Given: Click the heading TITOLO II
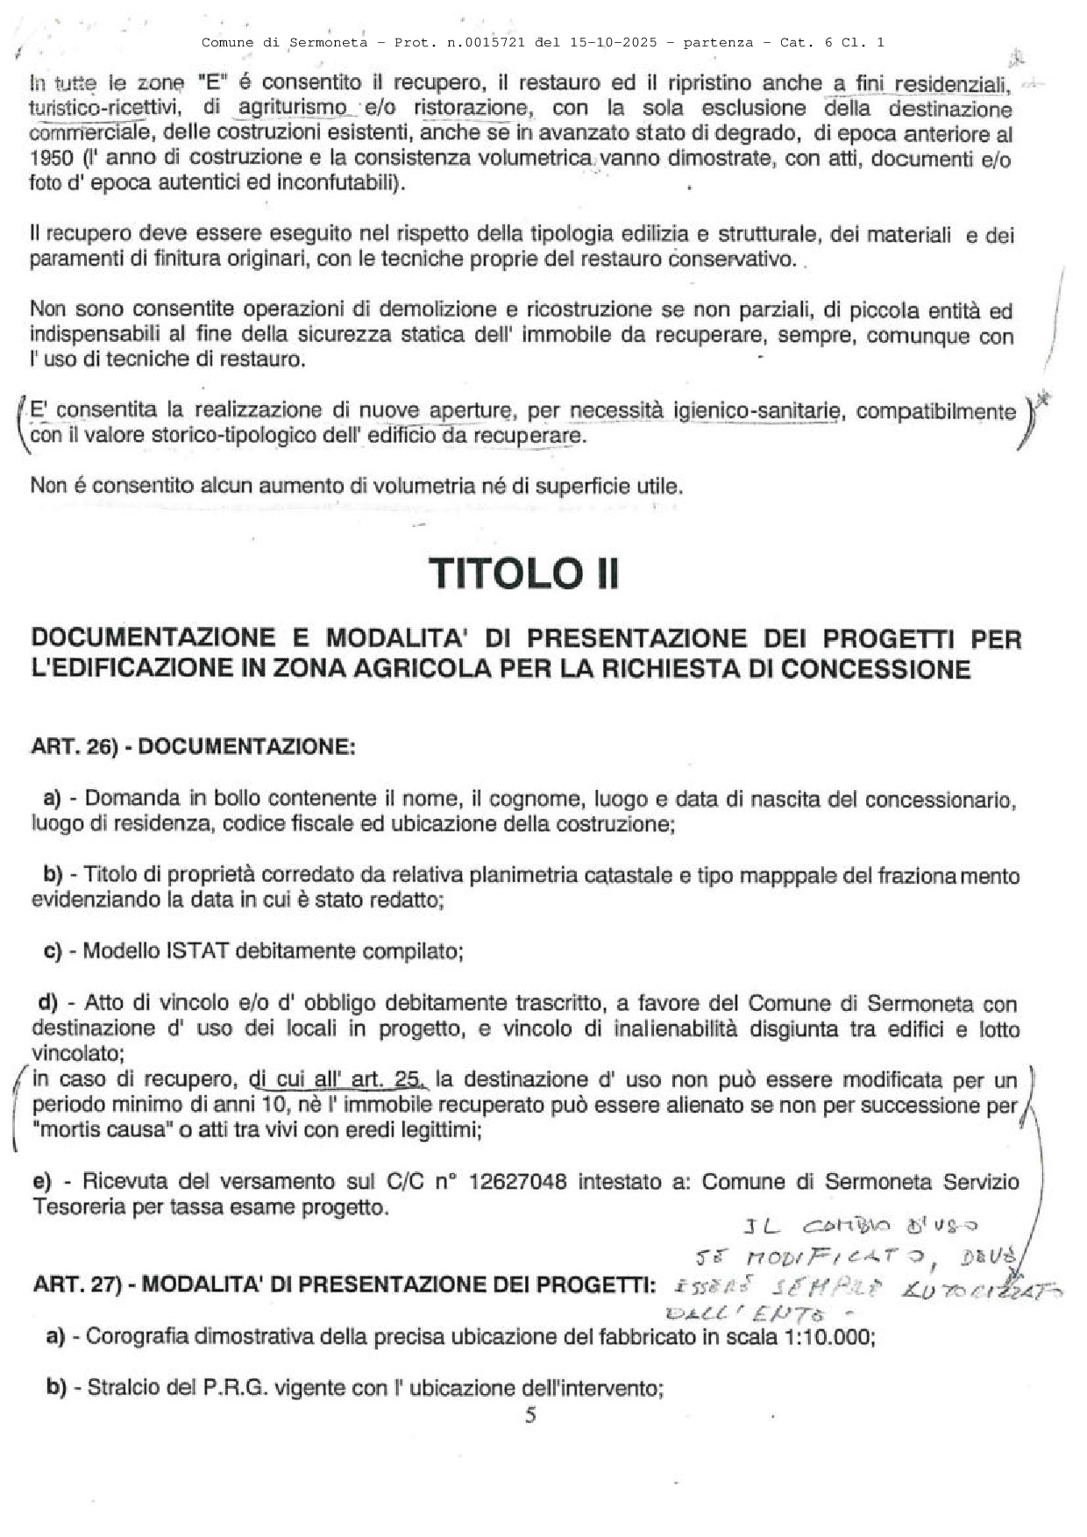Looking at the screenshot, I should pyautogui.click(x=524, y=574).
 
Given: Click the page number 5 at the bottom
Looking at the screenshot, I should pyautogui.click(x=529, y=1414).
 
